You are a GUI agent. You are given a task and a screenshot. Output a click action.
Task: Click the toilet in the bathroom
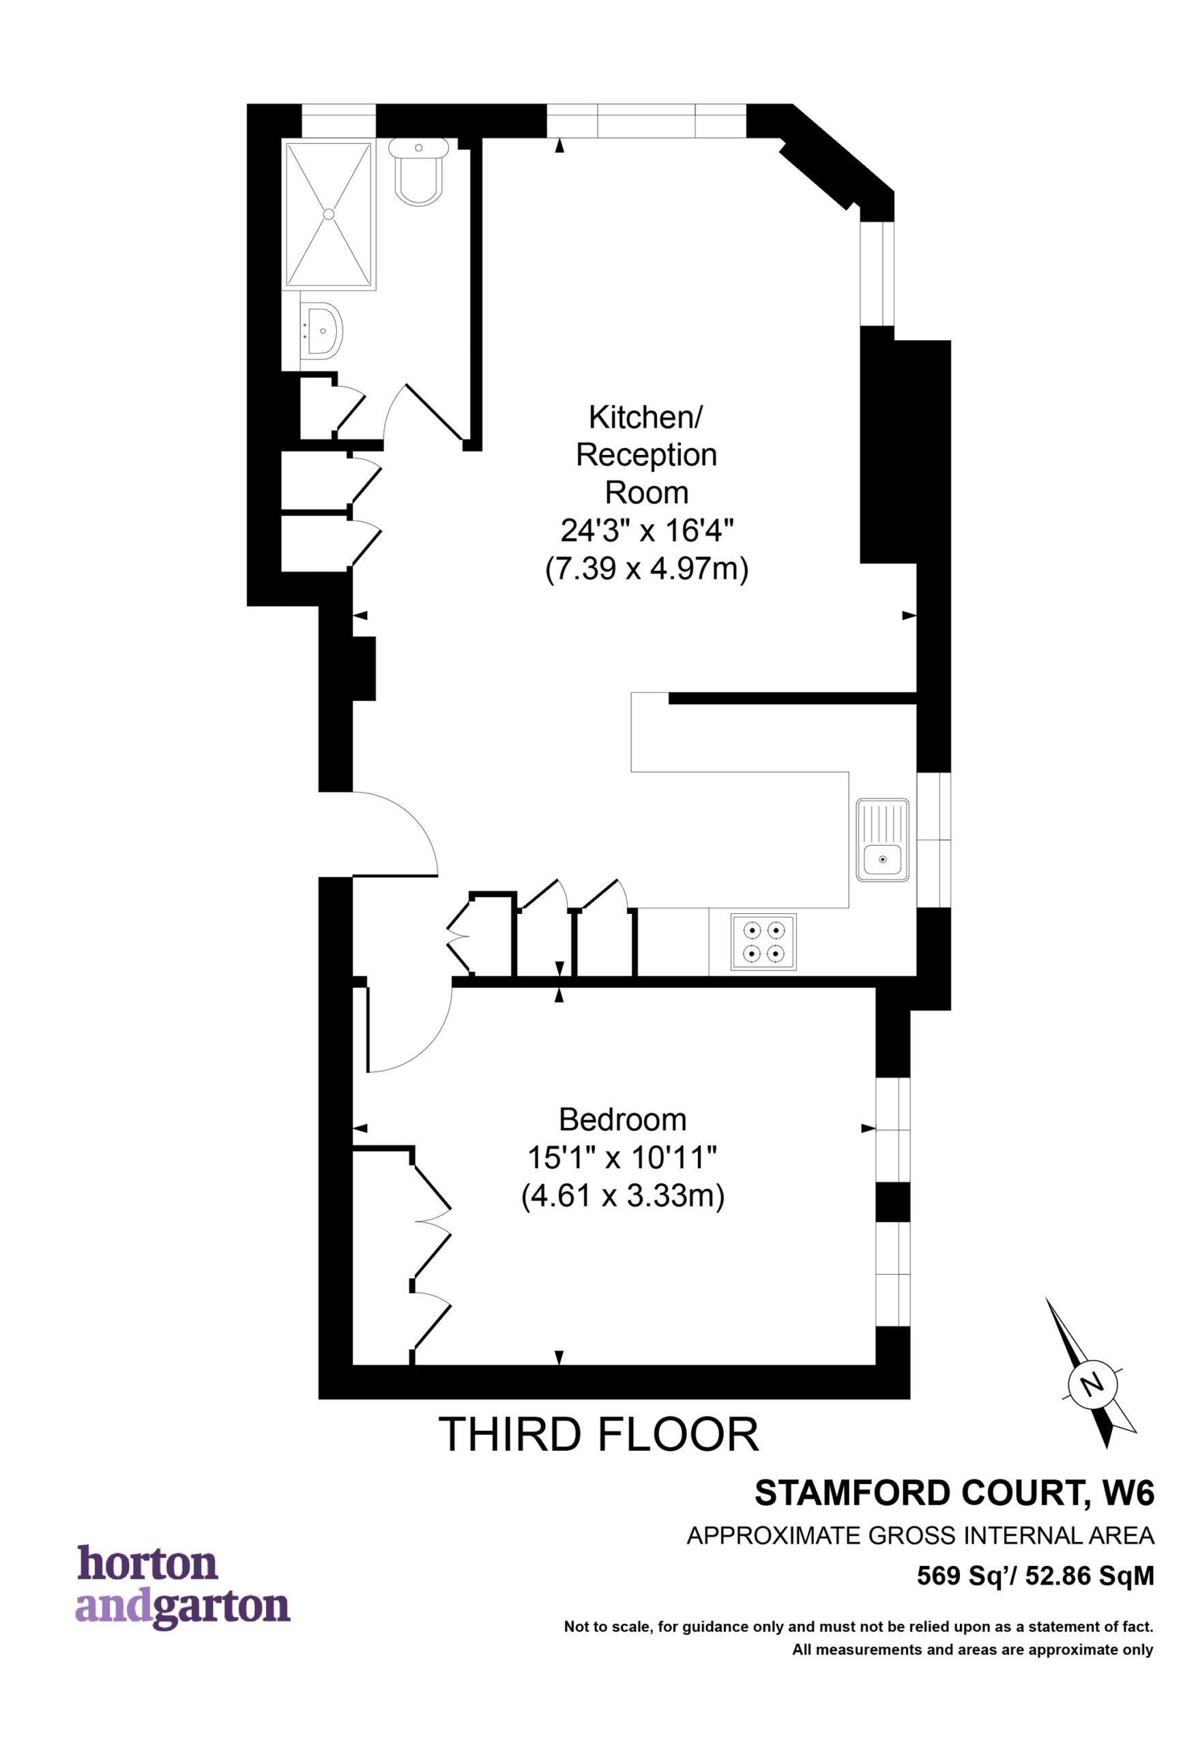point(419,172)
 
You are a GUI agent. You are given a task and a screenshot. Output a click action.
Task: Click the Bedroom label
point(622,1120)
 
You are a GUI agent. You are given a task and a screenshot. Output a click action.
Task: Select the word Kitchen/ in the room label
point(645,417)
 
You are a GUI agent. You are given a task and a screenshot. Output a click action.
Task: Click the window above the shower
point(338,120)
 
